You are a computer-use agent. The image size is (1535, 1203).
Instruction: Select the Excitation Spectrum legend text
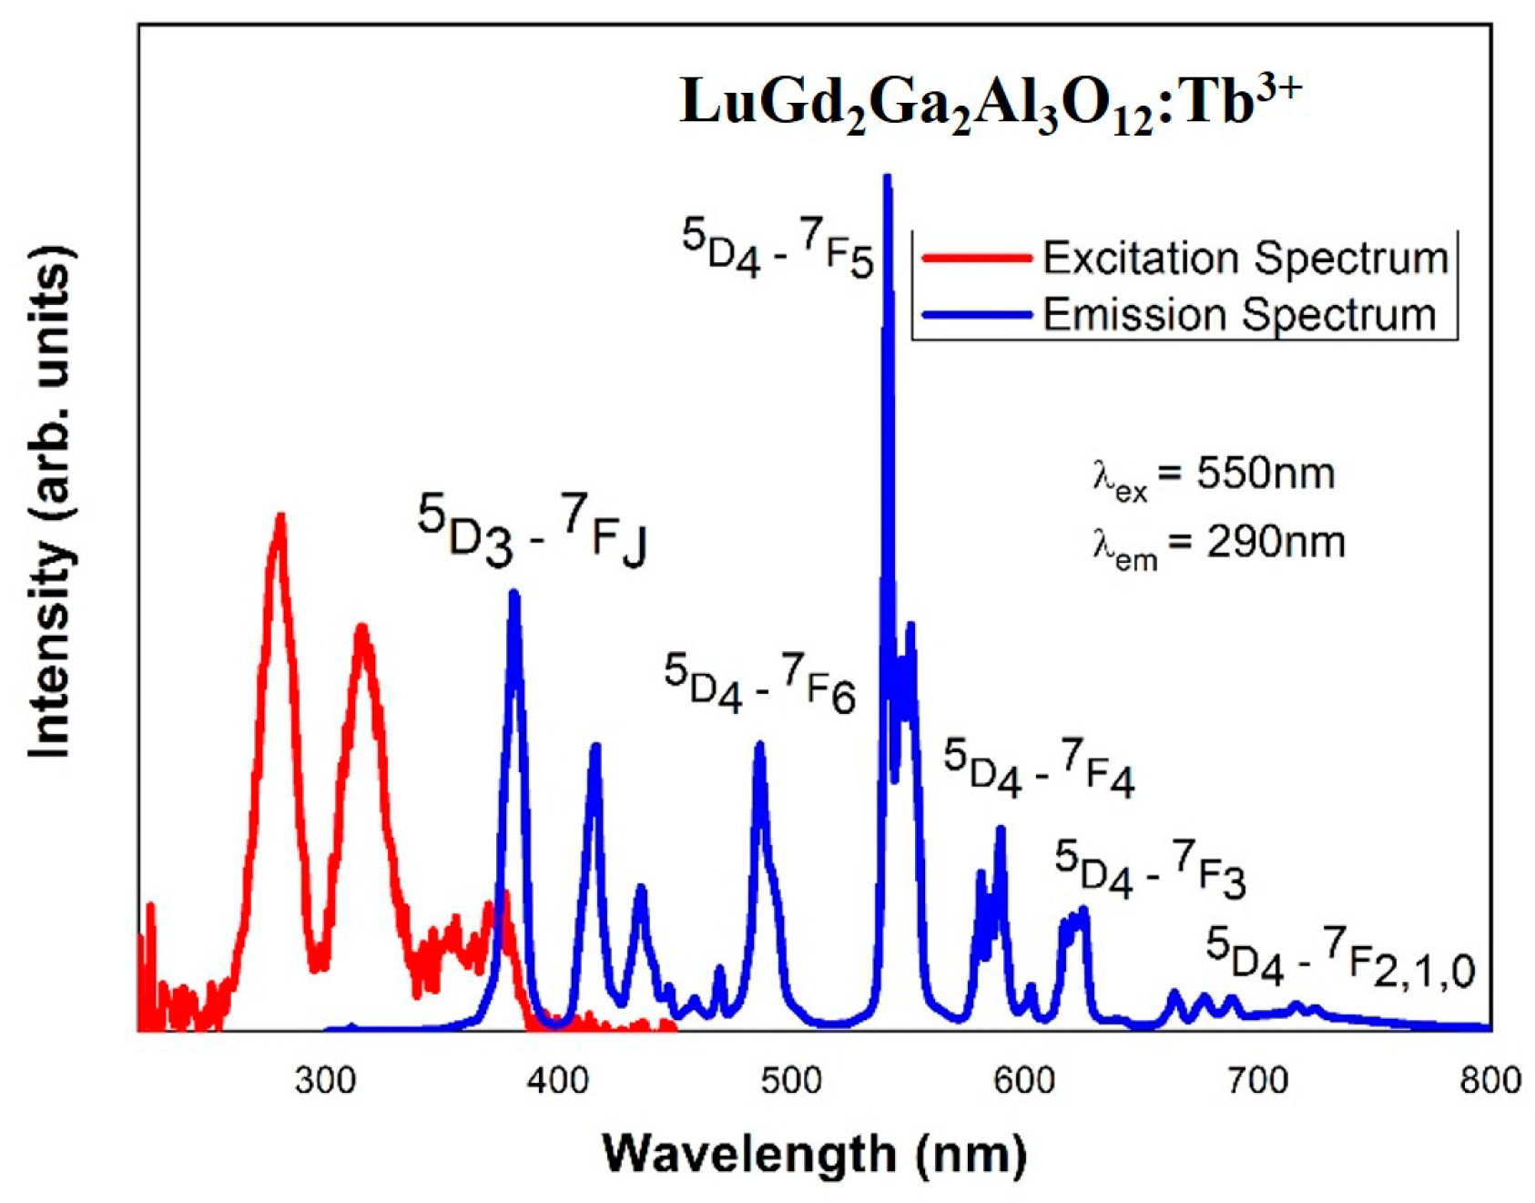(1245, 259)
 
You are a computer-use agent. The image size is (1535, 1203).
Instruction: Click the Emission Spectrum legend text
(1238, 315)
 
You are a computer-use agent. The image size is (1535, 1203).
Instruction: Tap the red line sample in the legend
(976, 259)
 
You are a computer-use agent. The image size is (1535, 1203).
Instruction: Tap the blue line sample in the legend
(976, 316)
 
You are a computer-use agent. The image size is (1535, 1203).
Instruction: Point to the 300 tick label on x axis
(325, 1081)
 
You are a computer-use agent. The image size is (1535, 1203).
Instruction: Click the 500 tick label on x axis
(791, 1081)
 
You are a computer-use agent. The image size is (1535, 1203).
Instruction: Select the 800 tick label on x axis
(1489, 1081)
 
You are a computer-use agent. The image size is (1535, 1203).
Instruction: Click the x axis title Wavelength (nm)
(814, 1155)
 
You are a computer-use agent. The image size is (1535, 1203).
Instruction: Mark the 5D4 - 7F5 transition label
(777, 250)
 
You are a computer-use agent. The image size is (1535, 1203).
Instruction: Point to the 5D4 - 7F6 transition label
(759, 684)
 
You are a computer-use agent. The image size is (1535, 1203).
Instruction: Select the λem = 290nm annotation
(1218, 545)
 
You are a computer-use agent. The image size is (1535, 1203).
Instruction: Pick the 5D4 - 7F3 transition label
(1150, 871)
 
